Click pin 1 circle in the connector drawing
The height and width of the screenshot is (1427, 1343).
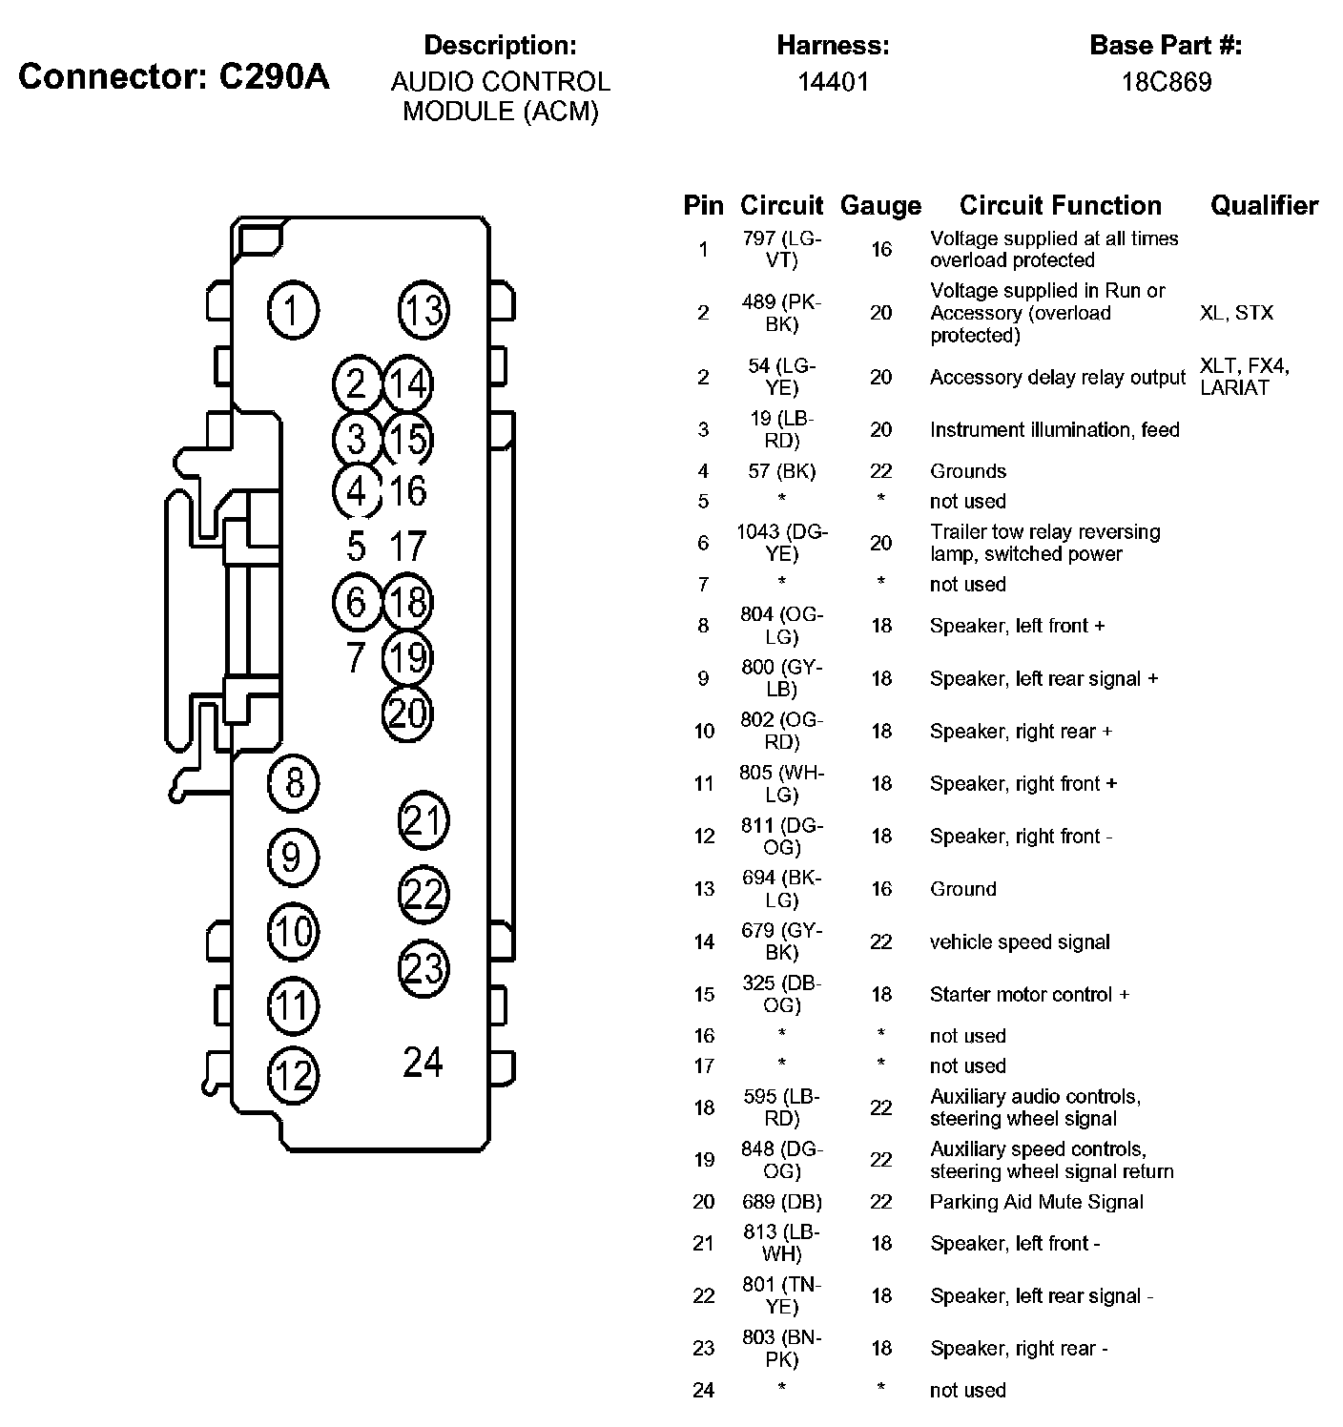click(x=293, y=311)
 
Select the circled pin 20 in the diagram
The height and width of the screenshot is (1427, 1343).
click(x=407, y=713)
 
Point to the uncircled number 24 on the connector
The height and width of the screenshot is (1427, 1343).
click(x=423, y=1062)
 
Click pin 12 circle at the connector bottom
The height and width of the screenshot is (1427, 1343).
click(x=293, y=1076)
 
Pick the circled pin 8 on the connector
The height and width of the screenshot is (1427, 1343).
click(x=294, y=783)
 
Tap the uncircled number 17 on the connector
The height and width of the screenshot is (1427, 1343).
click(x=407, y=547)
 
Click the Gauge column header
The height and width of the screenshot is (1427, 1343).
click(x=880, y=206)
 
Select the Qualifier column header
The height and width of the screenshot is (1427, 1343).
click(x=1264, y=205)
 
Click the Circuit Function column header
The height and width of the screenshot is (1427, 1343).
click(x=1060, y=205)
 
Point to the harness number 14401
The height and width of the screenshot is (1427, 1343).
click(x=833, y=82)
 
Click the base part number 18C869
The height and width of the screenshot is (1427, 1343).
click(x=1166, y=82)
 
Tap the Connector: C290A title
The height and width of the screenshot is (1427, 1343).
click(x=174, y=76)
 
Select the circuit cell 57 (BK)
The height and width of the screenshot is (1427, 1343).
click(x=781, y=471)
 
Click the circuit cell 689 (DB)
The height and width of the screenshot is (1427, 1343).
click(x=781, y=1202)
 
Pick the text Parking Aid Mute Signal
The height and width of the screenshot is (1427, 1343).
click(x=1036, y=1202)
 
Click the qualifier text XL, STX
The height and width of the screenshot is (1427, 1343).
click(x=1236, y=313)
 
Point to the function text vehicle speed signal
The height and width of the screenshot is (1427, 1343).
click(x=1020, y=942)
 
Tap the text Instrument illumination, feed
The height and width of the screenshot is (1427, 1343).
click(x=1054, y=430)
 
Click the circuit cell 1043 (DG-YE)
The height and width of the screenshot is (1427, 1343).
click(x=781, y=543)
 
